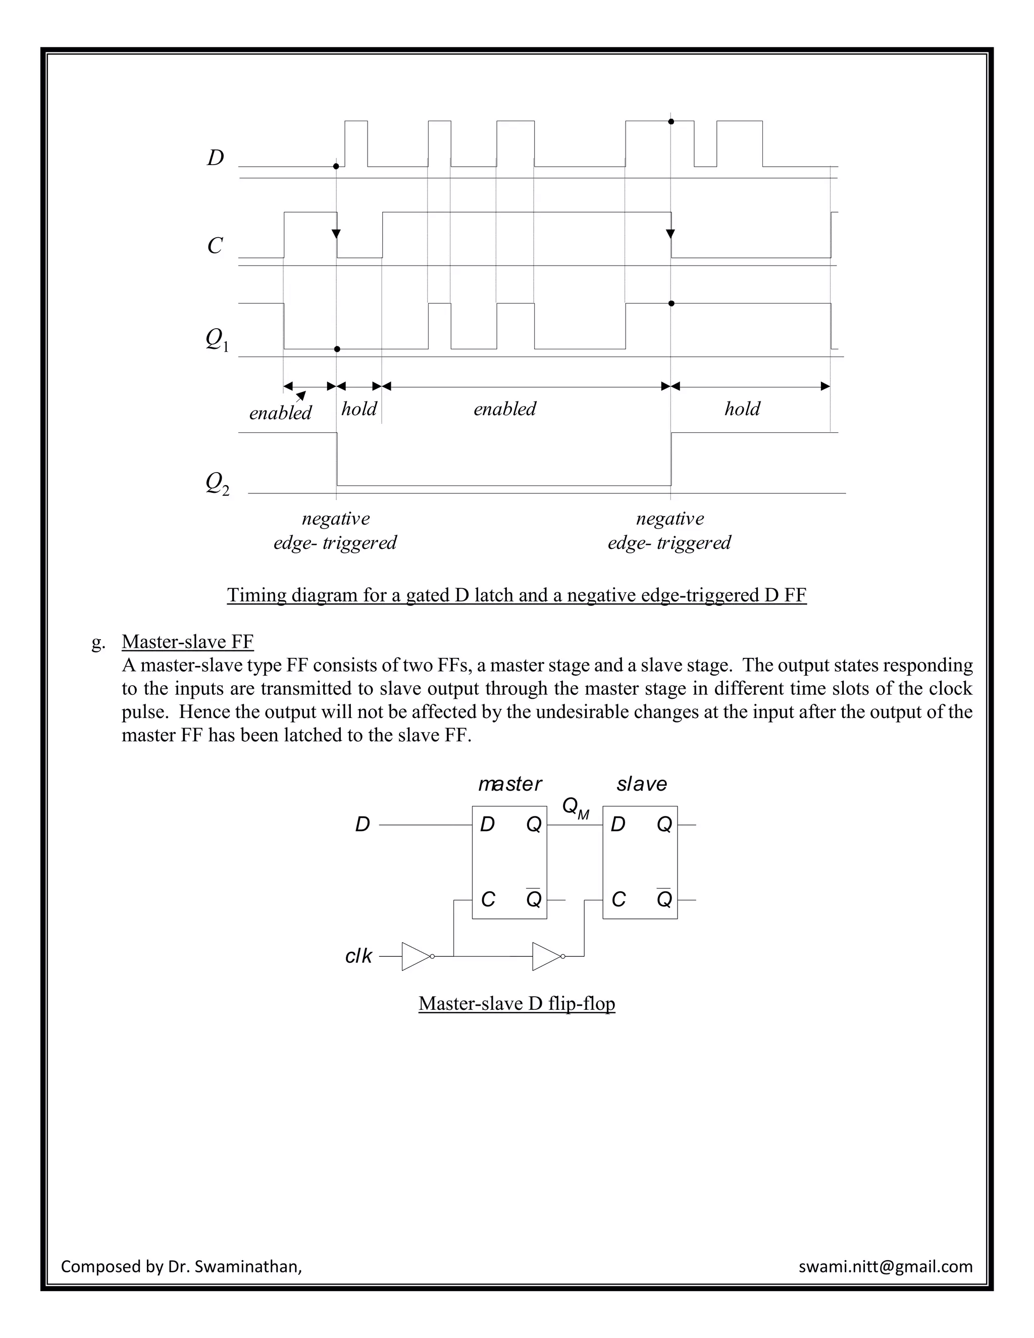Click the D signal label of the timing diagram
pos(216,158)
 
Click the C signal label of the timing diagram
pos(215,246)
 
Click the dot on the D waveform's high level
pos(671,122)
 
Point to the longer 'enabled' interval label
pos(505,408)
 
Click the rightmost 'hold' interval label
pos(742,408)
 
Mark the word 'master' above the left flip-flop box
pos(509,784)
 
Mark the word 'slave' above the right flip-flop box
pos(641,784)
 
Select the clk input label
pos(358,956)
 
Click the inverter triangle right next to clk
pos(417,956)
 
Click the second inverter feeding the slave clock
pos(547,956)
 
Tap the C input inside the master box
pos(488,899)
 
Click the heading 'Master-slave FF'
pos(187,641)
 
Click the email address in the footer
pos(885,1266)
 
